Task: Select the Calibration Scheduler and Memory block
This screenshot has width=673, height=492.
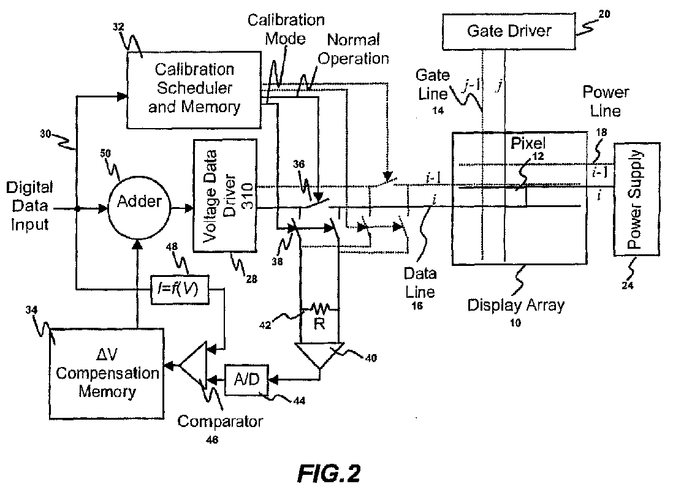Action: (x=194, y=89)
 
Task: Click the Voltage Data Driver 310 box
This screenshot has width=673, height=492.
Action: (x=225, y=195)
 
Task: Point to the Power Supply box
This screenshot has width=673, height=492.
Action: (x=636, y=199)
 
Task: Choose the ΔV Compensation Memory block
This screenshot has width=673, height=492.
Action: (x=107, y=373)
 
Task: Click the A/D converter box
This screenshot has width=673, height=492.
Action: (x=247, y=380)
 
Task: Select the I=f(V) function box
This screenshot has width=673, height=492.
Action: (x=180, y=290)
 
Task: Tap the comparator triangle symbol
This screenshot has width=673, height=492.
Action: (x=193, y=365)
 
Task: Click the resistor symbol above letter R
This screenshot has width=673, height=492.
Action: (x=320, y=308)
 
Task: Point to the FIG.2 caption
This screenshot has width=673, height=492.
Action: (x=329, y=474)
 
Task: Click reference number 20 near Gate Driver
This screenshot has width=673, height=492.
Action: (x=604, y=14)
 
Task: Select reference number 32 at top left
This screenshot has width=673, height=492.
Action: (x=118, y=27)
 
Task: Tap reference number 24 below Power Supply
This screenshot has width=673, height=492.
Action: (x=628, y=286)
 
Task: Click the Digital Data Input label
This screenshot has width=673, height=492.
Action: (x=29, y=206)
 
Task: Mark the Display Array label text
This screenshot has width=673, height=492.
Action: (x=515, y=305)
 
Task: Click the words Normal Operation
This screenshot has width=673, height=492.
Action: (x=353, y=49)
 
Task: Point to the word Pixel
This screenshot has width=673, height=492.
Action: (x=528, y=143)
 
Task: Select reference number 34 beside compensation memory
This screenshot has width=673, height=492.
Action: (x=31, y=309)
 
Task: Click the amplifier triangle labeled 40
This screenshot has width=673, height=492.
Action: (x=319, y=355)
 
